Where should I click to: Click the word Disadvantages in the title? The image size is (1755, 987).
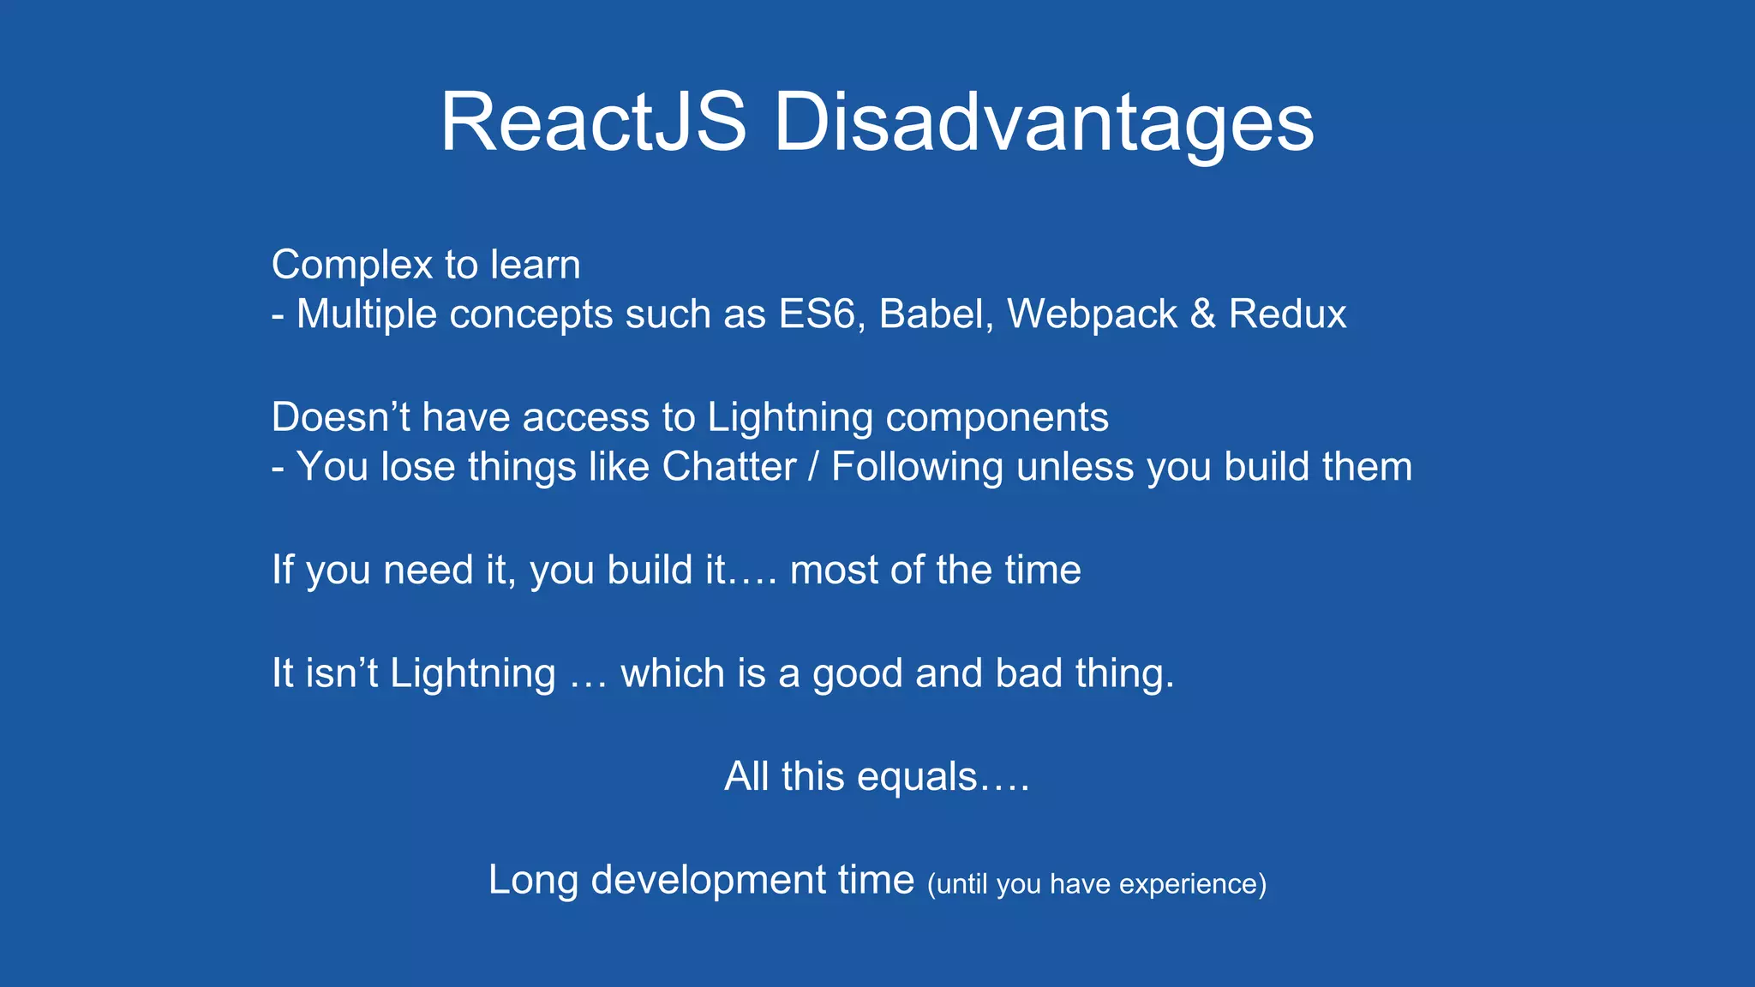[1043, 124]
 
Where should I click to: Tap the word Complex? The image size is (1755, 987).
[350, 265]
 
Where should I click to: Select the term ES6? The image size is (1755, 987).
[816, 314]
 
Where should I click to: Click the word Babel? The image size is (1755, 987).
[935, 314]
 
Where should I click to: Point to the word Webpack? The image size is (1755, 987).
[1092, 314]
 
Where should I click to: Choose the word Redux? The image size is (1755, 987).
[1287, 314]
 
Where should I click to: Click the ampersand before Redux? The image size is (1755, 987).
[1202, 314]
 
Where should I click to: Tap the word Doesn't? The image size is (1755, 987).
[340, 417]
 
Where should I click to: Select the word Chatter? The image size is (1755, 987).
[729, 467]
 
